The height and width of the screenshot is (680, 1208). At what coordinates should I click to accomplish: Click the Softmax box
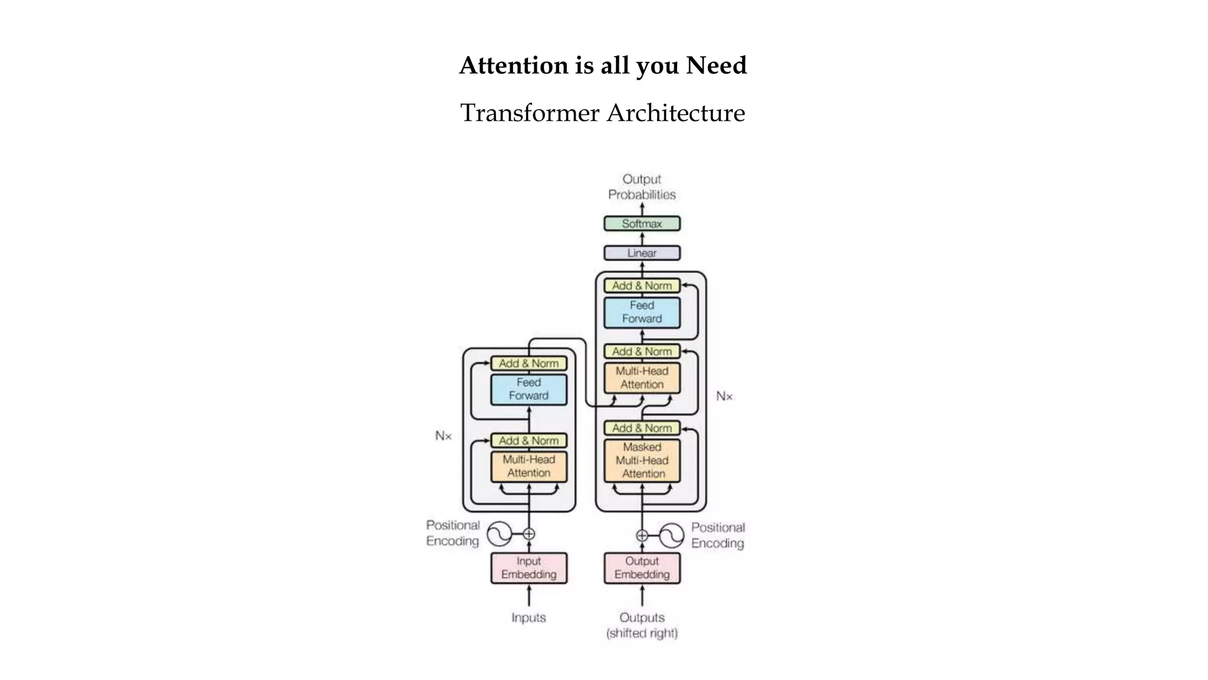642,224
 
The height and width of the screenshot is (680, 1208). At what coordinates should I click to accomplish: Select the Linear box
642,253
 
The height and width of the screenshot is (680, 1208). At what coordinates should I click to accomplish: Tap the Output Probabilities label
642,187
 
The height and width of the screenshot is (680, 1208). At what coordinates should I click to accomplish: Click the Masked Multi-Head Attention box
642,460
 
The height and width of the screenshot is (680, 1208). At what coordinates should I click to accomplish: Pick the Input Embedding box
528,568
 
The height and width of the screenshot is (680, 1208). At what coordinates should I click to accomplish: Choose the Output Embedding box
642,568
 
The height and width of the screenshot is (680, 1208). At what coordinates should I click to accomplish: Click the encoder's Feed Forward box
528,389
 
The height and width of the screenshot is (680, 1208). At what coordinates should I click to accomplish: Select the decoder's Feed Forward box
642,312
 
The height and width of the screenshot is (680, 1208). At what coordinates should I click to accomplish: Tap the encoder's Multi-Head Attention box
528,466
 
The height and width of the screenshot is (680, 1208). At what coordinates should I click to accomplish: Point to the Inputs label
528,617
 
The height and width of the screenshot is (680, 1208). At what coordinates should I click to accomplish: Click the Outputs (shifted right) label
642,625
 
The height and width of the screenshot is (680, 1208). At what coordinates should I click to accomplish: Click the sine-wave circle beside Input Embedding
499,534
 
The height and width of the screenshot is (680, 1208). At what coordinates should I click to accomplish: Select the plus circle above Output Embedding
642,535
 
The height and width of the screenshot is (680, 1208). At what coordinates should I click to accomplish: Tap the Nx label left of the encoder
443,436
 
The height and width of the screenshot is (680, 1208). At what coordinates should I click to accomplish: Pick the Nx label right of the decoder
724,396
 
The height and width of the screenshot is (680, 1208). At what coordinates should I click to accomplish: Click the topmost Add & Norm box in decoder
642,286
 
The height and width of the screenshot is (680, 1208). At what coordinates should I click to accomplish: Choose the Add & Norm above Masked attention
642,428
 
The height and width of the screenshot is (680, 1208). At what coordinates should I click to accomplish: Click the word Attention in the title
513,66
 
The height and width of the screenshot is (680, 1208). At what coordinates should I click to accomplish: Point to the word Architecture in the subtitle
676,113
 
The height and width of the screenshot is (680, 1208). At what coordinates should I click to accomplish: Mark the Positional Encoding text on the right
718,535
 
